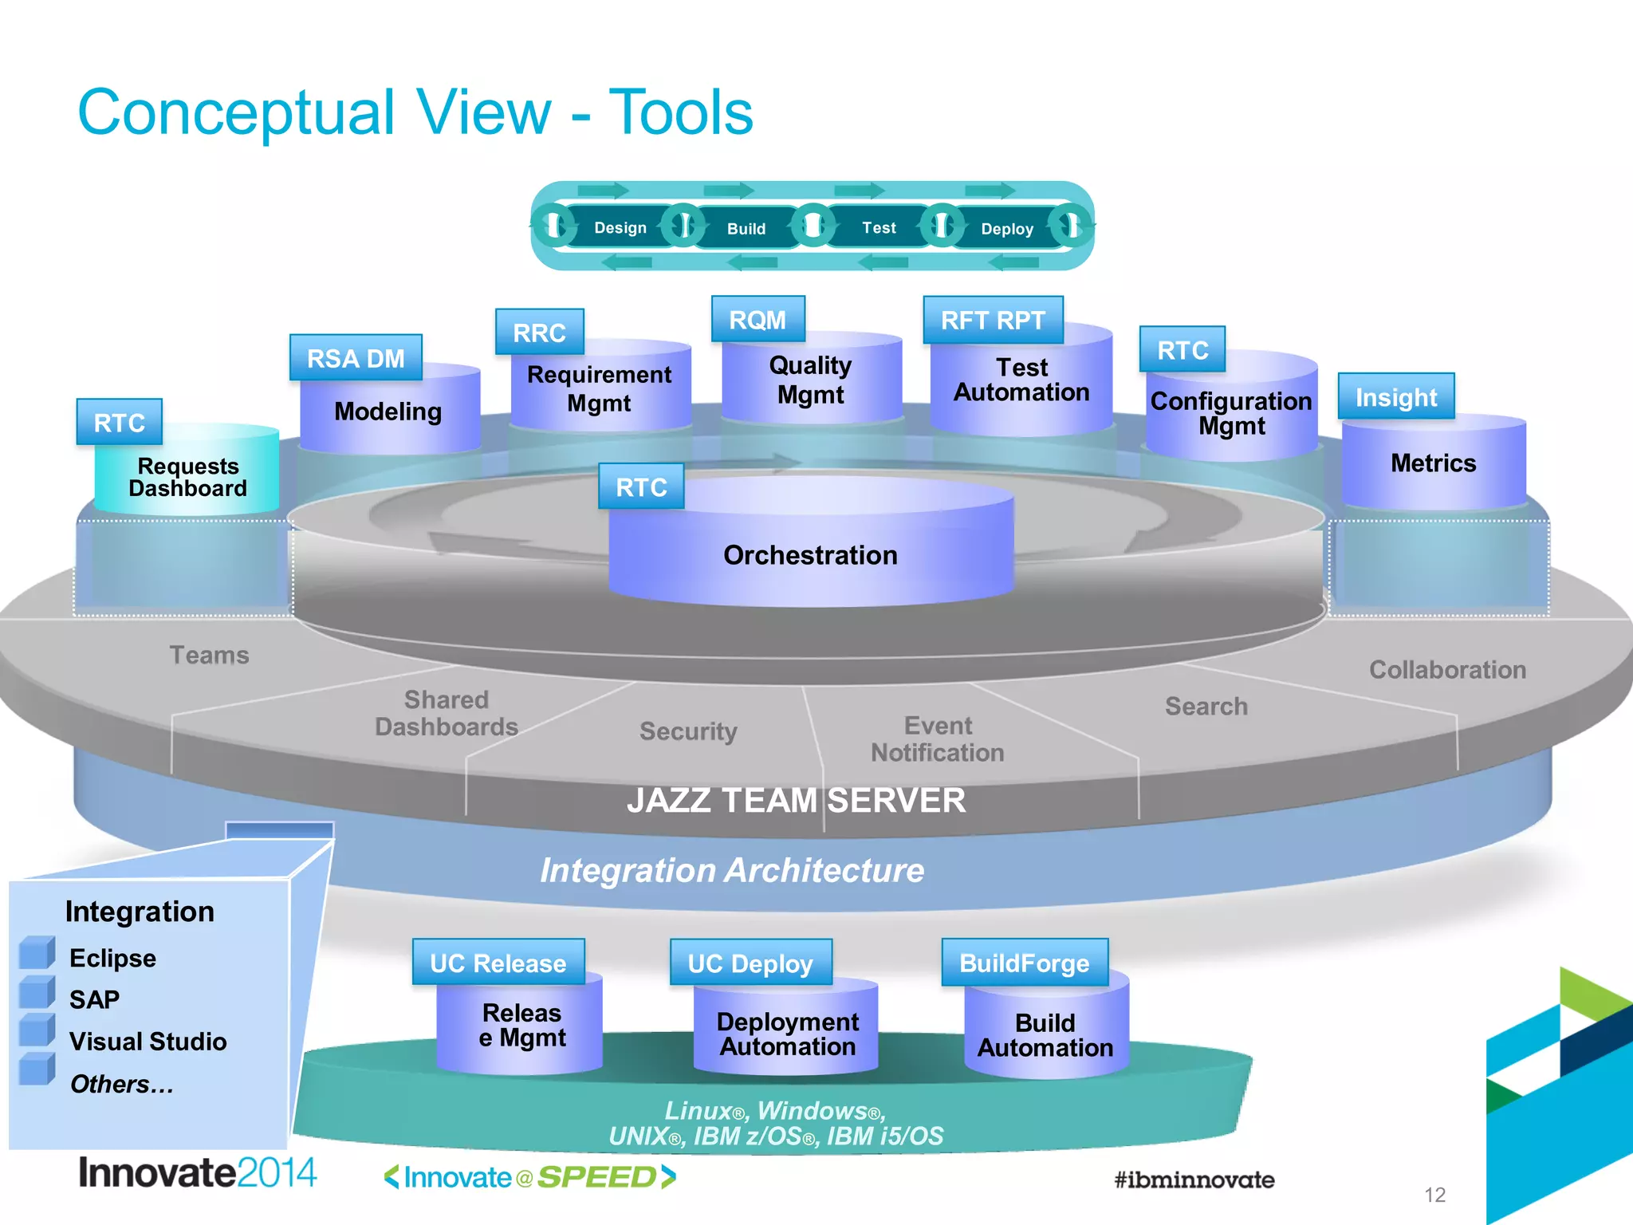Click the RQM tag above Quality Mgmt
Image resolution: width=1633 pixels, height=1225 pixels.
[757, 320]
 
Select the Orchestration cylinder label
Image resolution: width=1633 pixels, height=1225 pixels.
[810, 555]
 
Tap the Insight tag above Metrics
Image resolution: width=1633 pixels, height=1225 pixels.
[1395, 396]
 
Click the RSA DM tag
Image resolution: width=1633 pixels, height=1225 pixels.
[356, 358]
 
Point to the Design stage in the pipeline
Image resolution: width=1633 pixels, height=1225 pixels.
[620, 228]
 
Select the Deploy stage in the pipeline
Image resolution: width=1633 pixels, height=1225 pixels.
[1006, 229]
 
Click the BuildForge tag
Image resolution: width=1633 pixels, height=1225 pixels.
[1024, 963]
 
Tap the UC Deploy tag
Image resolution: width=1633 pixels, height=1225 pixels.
[750, 963]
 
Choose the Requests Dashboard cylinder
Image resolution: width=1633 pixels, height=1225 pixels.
[187, 477]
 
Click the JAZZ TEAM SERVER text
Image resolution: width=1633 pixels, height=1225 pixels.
[796, 800]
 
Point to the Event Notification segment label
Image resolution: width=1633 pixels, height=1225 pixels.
[938, 739]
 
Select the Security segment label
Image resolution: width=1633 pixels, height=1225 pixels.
[688, 731]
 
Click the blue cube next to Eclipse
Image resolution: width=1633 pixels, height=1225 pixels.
[37, 952]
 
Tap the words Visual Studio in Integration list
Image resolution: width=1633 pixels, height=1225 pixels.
[148, 1042]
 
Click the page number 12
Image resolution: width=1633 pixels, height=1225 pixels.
[1434, 1195]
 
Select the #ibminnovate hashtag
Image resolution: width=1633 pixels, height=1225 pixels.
[1194, 1180]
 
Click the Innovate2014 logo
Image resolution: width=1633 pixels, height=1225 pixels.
[197, 1173]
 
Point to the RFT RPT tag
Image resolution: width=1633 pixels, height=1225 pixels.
[993, 321]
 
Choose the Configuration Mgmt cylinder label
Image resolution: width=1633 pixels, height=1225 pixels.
[1231, 413]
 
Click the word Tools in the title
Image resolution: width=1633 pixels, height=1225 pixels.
[681, 112]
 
